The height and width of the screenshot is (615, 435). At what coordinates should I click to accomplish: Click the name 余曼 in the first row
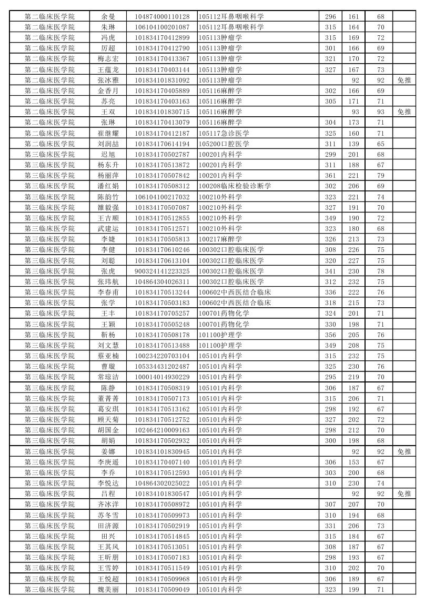[x=108, y=16]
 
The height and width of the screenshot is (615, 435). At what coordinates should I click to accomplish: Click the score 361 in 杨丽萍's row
[x=330, y=175]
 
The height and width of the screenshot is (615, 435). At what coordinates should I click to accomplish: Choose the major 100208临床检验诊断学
[x=235, y=186]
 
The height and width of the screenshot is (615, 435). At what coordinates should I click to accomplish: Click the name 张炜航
[x=108, y=281]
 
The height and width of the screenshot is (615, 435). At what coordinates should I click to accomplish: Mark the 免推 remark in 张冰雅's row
[x=403, y=80]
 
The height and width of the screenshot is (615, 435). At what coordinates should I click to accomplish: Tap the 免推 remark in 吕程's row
[x=403, y=494]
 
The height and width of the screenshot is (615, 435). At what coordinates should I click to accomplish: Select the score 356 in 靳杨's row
[x=330, y=335]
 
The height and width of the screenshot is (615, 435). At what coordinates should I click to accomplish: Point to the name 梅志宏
[x=108, y=59]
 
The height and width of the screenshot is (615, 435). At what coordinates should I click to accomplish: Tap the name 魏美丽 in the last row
[x=108, y=589]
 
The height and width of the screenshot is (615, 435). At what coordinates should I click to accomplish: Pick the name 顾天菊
[x=108, y=420]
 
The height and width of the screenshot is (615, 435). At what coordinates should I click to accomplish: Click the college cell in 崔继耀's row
[x=49, y=133]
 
